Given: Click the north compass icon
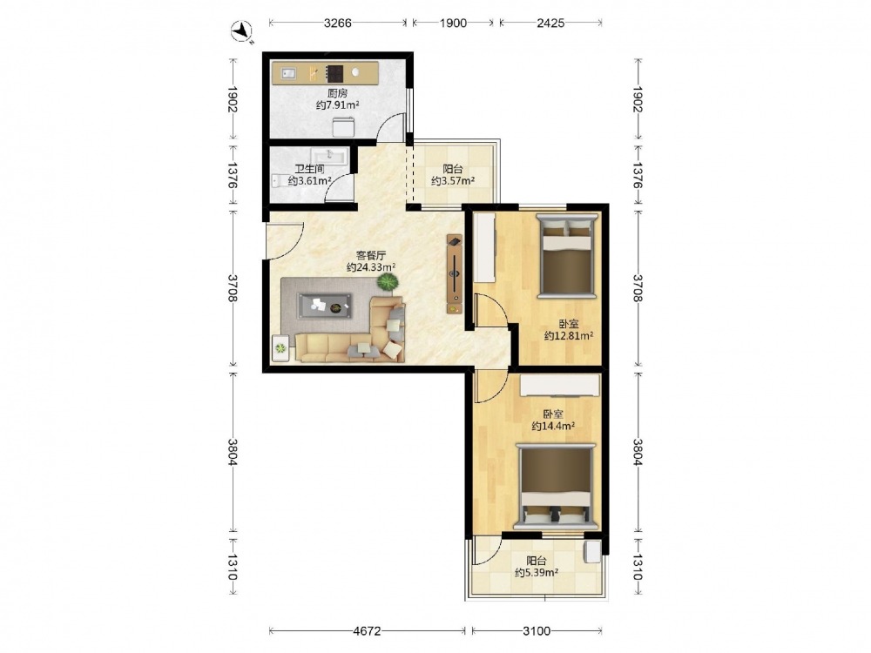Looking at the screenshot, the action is click(241, 30).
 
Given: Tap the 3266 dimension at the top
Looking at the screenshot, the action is click(338, 23).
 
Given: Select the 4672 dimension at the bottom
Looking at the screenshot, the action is click(368, 630).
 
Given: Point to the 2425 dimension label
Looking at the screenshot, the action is click(550, 23).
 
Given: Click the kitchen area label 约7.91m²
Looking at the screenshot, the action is click(338, 105).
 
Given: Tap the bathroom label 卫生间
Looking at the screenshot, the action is click(309, 170).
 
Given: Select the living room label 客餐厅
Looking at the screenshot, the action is click(371, 255).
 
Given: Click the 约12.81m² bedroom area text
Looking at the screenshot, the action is click(569, 336).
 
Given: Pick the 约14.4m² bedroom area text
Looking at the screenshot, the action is click(553, 426).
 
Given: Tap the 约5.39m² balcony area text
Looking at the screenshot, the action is click(537, 573).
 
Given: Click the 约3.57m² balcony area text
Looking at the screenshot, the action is click(453, 181).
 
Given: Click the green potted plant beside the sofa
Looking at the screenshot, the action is click(388, 283).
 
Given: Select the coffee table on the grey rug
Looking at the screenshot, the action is click(325, 306).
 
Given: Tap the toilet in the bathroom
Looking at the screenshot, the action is click(280, 181).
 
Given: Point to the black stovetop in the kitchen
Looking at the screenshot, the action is click(334, 73).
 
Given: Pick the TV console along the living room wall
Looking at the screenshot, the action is click(455, 273).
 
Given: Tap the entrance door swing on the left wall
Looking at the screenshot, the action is click(285, 241).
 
